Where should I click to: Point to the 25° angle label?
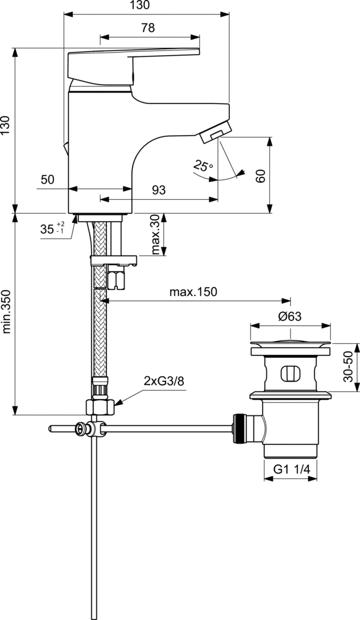coord(203,166)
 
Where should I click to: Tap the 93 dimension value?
coord(159,190)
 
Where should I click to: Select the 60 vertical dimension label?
coord(260,176)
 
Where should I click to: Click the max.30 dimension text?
coord(155,234)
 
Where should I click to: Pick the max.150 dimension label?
coord(193,292)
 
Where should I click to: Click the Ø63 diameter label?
coord(290,316)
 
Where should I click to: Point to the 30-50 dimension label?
coord(348,366)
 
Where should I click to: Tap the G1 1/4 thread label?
coord(290,469)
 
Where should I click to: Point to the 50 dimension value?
coord(47,179)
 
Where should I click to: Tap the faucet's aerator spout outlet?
coord(215,131)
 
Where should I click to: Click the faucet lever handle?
coord(133,65)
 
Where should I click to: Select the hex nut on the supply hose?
coord(100,406)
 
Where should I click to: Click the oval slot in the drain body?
coord(290,374)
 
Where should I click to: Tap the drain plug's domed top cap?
coord(290,343)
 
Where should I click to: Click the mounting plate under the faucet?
coord(114,260)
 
